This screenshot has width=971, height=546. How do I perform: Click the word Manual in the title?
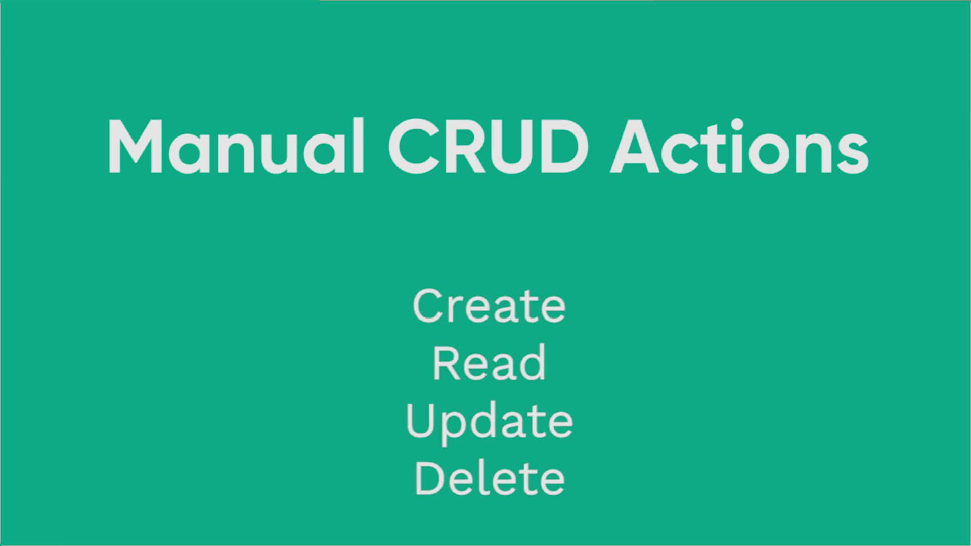(x=236, y=147)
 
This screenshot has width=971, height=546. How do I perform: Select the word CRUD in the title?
(x=489, y=147)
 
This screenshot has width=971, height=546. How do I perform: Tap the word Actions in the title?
(x=739, y=147)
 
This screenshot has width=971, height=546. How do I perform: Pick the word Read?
(x=489, y=362)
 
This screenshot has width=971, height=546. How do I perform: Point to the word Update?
(x=489, y=422)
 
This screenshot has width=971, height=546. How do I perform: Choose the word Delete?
(x=489, y=478)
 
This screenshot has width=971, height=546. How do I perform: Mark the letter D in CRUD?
(x=562, y=147)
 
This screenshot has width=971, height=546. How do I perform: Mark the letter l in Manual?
(x=358, y=146)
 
